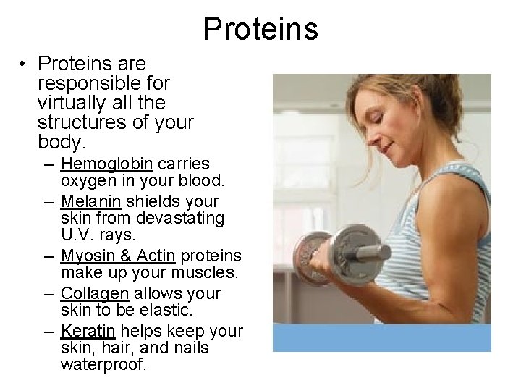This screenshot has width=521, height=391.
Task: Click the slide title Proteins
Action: coord(260,28)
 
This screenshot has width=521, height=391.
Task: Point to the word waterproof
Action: coord(103,365)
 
